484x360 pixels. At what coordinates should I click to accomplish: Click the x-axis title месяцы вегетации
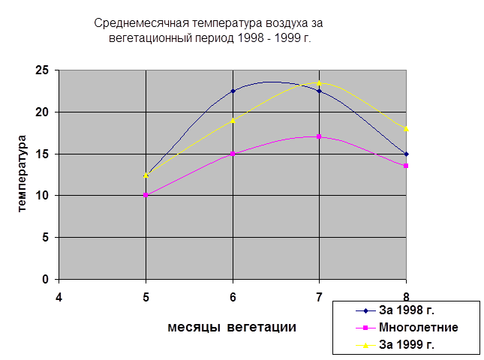click(232, 327)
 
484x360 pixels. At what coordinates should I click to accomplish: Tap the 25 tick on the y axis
click(41, 70)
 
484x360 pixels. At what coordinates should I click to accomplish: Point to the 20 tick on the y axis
click(41, 112)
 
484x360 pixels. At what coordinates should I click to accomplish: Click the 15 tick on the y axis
click(41, 154)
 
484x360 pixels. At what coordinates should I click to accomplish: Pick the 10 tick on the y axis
click(41, 196)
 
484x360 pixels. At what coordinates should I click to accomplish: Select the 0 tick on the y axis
click(45, 280)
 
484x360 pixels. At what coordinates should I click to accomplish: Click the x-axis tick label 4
click(59, 295)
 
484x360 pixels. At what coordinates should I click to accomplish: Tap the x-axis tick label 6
click(233, 295)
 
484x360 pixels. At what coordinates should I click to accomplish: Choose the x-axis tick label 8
click(407, 295)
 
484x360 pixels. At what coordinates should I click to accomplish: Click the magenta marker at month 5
click(146, 196)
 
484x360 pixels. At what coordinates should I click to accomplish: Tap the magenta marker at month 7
click(320, 136)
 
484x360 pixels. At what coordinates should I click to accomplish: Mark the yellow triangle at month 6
click(233, 120)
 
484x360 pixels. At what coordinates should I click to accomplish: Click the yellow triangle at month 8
click(407, 128)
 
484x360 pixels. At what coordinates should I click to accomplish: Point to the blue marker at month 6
click(233, 91)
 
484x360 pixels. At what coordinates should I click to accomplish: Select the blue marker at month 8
click(407, 154)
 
